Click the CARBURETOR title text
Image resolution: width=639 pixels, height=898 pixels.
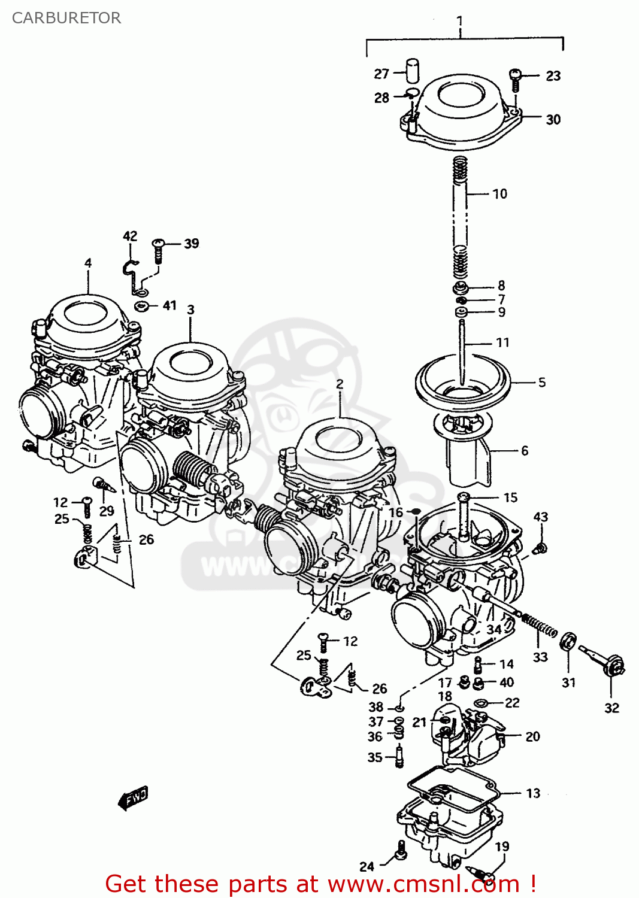(66, 18)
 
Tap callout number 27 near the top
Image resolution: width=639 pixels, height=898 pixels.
(381, 74)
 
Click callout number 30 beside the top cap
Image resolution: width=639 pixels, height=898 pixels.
(553, 119)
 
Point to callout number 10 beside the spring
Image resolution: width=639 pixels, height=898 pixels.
(499, 193)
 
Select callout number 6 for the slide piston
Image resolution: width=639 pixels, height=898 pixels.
(525, 450)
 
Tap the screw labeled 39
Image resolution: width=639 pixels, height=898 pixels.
(159, 250)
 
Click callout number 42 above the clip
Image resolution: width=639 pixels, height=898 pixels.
(130, 236)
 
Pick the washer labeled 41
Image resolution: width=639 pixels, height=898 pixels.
(141, 306)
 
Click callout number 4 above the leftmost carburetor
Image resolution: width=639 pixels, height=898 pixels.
(88, 262)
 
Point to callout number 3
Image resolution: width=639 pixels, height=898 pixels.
(190, 310)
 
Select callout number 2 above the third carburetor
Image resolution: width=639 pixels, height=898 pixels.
(340, 384)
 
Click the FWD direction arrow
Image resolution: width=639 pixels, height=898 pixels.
(133, 798)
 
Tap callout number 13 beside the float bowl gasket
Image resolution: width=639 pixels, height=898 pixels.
(533, 793)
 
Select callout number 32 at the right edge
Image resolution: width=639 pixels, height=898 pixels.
(611, 708)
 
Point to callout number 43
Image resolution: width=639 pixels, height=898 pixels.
(540, 517)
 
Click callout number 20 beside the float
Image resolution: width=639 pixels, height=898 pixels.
(532, 736)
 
